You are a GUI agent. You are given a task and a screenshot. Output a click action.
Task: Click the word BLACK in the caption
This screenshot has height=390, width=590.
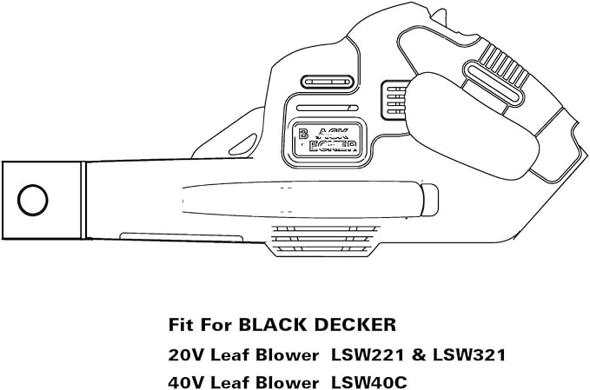click(273, 325)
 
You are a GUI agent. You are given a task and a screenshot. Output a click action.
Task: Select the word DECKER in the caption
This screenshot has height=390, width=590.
click(355, 325)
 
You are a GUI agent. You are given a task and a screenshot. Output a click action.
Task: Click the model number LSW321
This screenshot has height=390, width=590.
click(469, 354)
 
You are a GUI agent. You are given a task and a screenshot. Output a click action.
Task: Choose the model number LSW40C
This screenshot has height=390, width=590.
click(368, 382)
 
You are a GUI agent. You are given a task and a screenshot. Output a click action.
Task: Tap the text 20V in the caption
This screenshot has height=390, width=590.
click(185, 354)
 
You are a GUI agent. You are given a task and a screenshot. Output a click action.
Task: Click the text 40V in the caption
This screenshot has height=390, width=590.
click(185, 382)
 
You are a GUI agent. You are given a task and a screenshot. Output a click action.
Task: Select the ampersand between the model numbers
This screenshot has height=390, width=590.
click(419, 354)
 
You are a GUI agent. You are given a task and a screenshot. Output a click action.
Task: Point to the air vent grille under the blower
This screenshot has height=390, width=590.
click(323, 241)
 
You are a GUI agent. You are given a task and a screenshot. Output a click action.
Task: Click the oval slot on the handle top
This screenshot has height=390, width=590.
click(494, 83)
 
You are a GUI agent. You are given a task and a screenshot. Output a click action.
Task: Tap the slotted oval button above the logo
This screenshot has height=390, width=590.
click(327, 82)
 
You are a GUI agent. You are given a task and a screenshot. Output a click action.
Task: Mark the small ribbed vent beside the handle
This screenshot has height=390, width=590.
click(394, 100)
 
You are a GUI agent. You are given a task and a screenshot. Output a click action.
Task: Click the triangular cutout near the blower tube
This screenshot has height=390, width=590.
click(243, 145)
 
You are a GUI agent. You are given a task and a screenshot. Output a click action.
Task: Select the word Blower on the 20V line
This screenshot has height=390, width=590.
click(287, 354)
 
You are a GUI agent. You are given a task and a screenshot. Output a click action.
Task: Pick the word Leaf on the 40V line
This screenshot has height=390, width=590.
click(229, 382)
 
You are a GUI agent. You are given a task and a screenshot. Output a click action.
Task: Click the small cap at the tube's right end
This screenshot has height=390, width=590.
click(429, 200)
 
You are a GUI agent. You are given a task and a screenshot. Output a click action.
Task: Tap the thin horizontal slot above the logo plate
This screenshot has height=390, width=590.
click(327, 108)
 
